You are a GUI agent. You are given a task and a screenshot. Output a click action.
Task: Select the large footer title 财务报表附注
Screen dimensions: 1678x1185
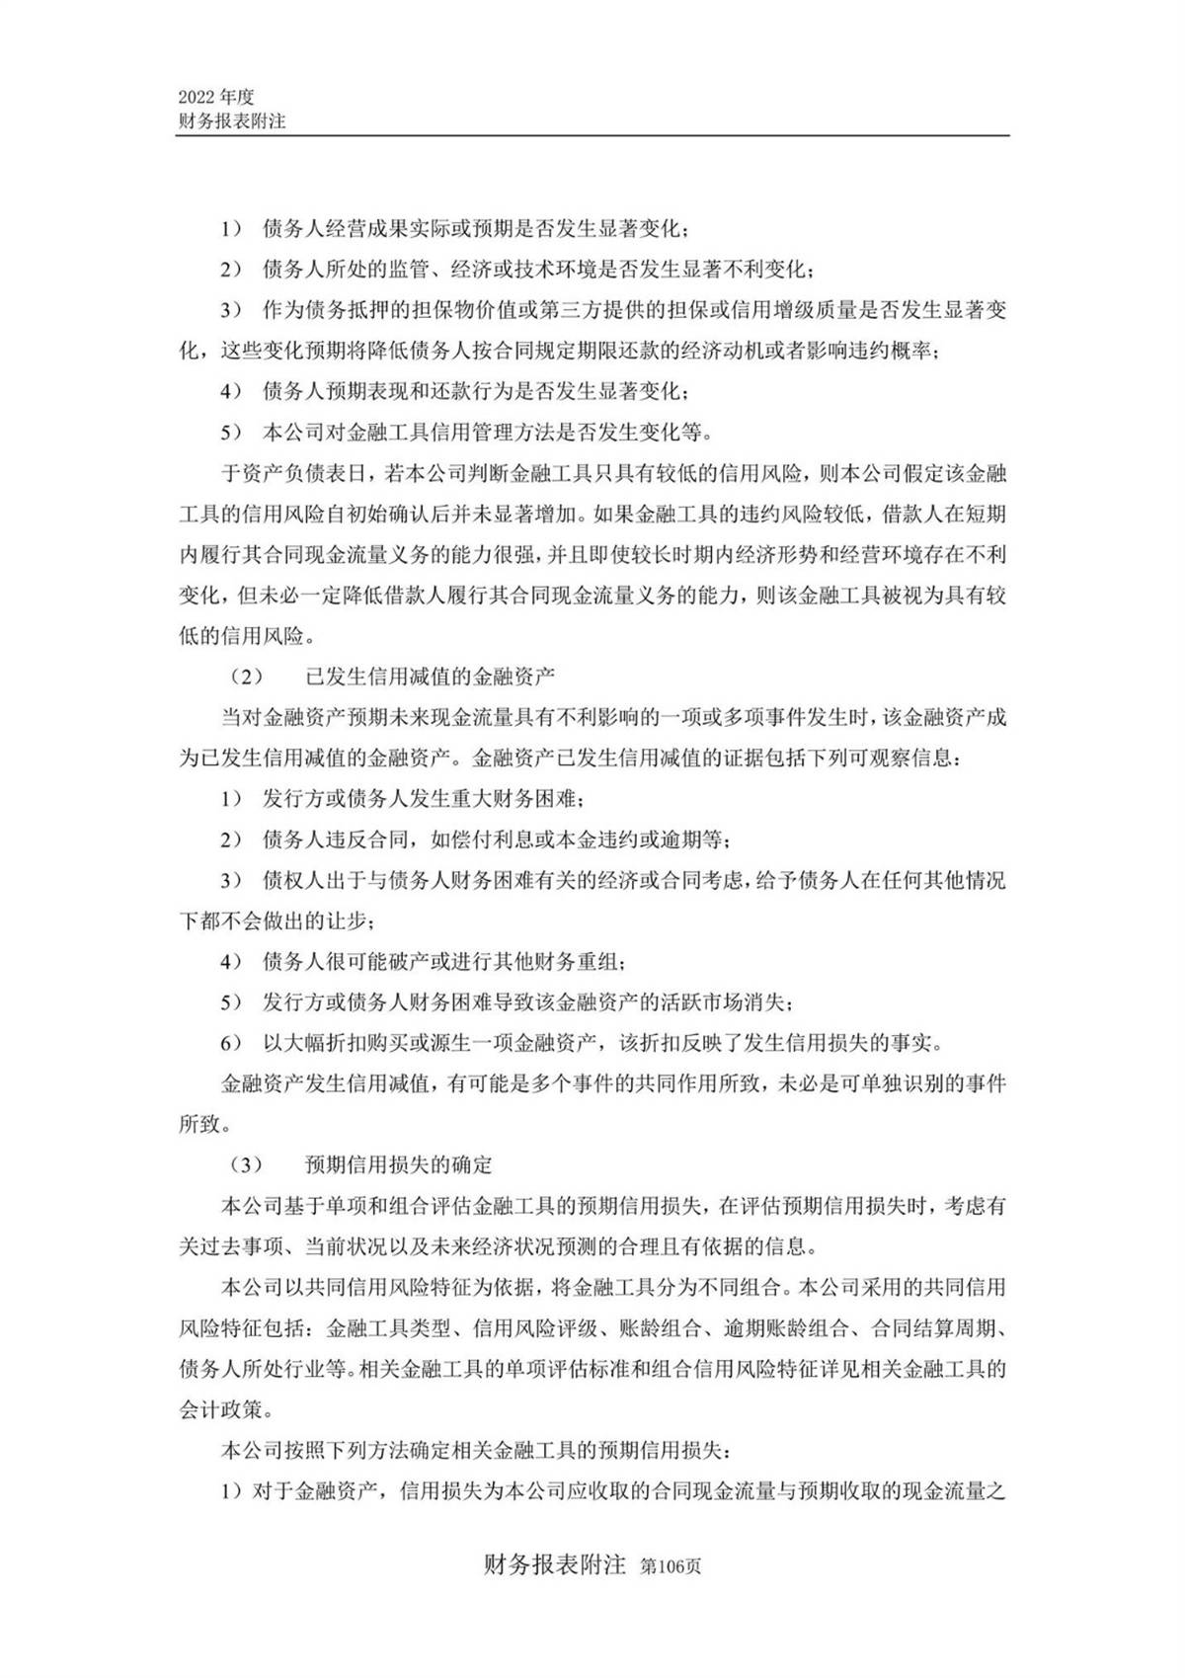tap(556, 1565)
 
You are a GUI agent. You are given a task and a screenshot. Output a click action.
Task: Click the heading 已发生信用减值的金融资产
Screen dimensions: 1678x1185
tap(431, 677)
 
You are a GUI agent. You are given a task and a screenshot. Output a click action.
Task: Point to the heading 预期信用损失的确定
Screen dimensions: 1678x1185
tap(399, 1164)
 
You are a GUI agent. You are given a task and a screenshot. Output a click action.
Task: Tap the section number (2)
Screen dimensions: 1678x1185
tap(247, 677)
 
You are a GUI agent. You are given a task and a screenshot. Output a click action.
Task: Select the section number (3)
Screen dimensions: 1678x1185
tap(247, 1164)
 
